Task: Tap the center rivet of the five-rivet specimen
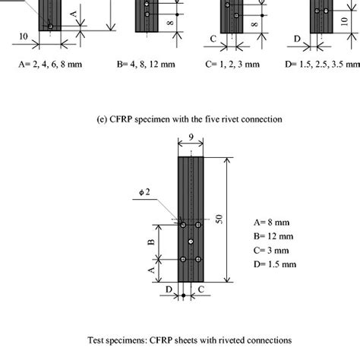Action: [x=191, y=242]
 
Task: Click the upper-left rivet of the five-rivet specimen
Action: [x=183, y=226]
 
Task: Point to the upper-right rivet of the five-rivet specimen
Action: [x=198, y=226]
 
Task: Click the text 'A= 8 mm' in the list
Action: [x=273, y=223]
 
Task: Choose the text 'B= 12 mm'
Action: [x=274, y=237]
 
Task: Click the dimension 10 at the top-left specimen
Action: [x=25, y=34]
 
